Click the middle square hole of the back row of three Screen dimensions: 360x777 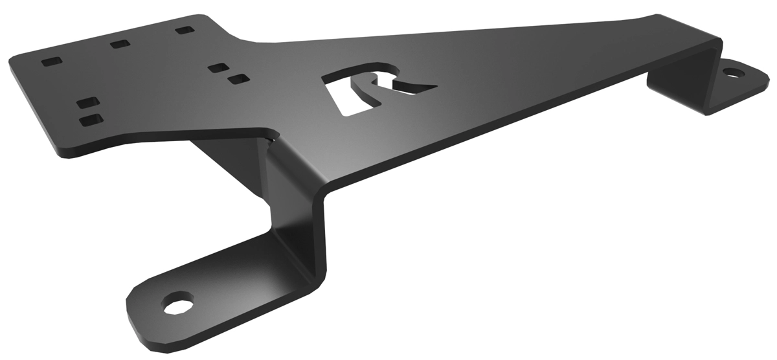point(120,44)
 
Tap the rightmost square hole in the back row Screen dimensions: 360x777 point(185,30)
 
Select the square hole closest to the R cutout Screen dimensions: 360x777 point(238,79)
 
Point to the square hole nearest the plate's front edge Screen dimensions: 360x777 point(91,120)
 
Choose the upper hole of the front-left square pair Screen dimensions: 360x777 point(86,102)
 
